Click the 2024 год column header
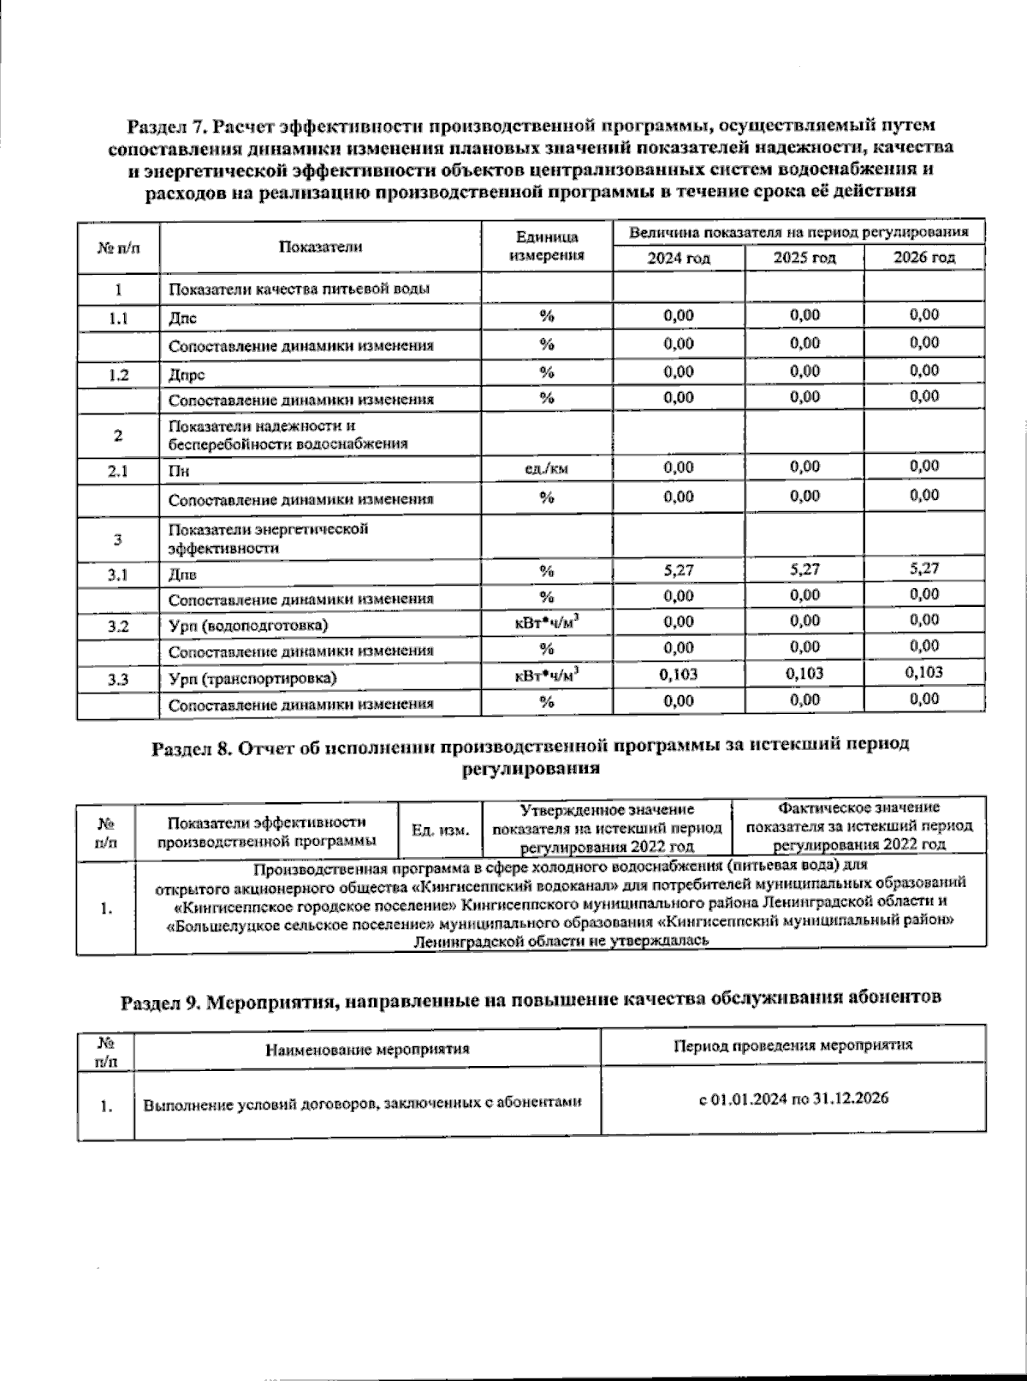tap(678, 259)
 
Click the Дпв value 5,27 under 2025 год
tap(804, 568)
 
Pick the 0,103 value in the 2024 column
tap(679, 674)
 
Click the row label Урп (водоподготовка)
tap(248, 626)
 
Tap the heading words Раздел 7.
tap(167, 128)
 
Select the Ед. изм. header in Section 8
tap(441, 830)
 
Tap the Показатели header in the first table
tap(321, 247)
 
